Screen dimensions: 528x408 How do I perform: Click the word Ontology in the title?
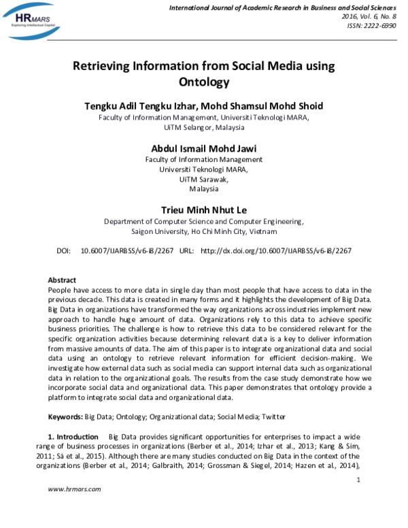coord(204,83)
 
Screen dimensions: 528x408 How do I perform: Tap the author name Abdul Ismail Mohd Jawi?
coord(204,149)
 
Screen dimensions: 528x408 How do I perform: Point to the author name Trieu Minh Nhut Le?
coord(204,209)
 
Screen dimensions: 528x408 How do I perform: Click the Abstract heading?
coord(63,280)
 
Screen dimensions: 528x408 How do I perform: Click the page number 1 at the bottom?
coord(358,480)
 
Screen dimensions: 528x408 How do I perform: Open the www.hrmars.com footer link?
coord(74,490)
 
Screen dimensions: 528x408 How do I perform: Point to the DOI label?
coord(63,250)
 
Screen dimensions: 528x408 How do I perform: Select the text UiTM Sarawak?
coord(204,180)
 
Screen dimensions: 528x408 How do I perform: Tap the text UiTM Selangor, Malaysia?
coord(204,127)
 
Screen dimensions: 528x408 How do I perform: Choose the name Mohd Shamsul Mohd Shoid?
coord(266,105)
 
